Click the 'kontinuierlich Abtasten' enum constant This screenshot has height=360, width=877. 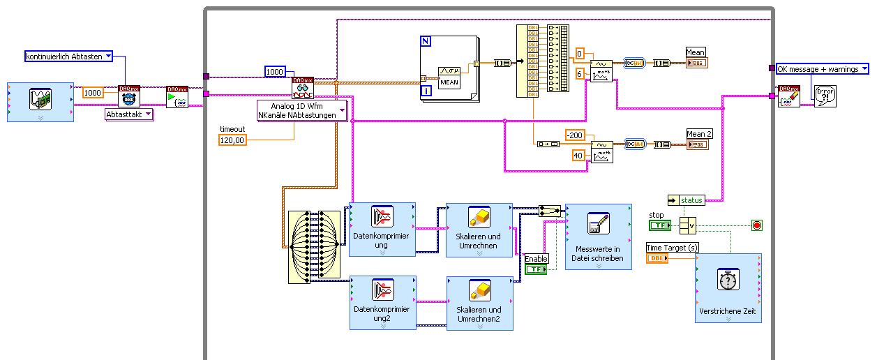coord(68,57)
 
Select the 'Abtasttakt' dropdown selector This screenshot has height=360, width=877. coord(129,114)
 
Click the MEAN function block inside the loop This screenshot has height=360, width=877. coord(450,75)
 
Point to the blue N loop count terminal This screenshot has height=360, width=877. coord(426,41)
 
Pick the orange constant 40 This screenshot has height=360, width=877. coord(579,155)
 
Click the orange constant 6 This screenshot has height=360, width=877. coord(580,73)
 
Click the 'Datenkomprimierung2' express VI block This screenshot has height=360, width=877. coord(382,302)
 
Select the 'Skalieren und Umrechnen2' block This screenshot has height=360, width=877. coord(479,302)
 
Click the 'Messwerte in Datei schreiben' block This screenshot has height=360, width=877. coord(598,237)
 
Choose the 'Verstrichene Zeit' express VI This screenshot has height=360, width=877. coord(728,287)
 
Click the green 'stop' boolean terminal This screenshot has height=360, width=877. coord(659,225)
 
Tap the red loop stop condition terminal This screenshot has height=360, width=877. coord(756,225)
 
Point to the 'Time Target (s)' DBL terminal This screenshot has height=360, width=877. coord(657,258)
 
